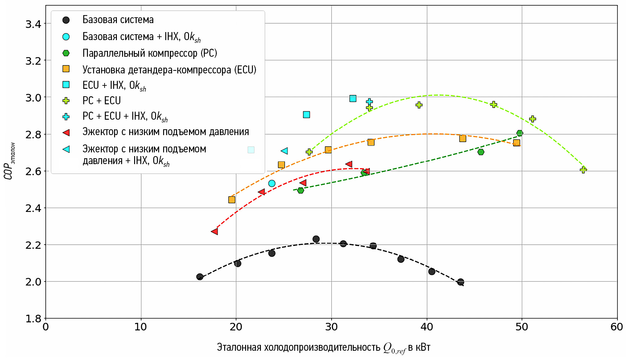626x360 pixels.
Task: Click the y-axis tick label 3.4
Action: pos(33,24)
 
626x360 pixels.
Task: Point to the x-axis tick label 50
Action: pos(522,327)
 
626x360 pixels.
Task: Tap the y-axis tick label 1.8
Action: pos(33,319)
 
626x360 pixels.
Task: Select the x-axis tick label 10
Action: pos(141,327)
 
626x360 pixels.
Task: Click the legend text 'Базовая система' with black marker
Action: pos(118,20)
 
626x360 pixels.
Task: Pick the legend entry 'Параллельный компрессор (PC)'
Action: pos(150,53)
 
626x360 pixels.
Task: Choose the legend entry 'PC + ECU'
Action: pos(101,101)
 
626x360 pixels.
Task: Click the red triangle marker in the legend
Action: pos(66,133)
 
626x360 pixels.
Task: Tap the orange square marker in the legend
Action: pos(66,69)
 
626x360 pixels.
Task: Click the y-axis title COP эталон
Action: pos(9,161)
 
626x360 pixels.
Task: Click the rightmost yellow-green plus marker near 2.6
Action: pos(583,170)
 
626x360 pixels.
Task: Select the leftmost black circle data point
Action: pos(200,277)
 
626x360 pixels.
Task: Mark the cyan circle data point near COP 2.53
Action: pos(272,184)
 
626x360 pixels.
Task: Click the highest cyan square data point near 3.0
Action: pos(353,98)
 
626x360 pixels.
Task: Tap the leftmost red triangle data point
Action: pos(215,231)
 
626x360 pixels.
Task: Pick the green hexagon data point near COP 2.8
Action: pos(520,133)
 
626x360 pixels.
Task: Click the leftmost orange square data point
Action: pos(232,200)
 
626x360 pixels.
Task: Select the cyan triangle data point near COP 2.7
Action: pos(285,151)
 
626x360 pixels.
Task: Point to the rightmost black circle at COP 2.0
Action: pos(460,282)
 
